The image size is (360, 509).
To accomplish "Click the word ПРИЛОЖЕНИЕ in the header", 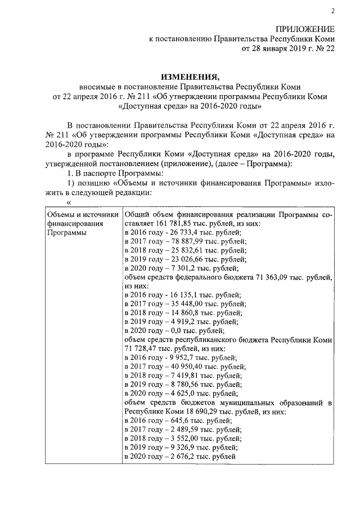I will click(x=305, y=29).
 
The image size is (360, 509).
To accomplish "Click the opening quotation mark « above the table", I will click(x=69, y=203).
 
